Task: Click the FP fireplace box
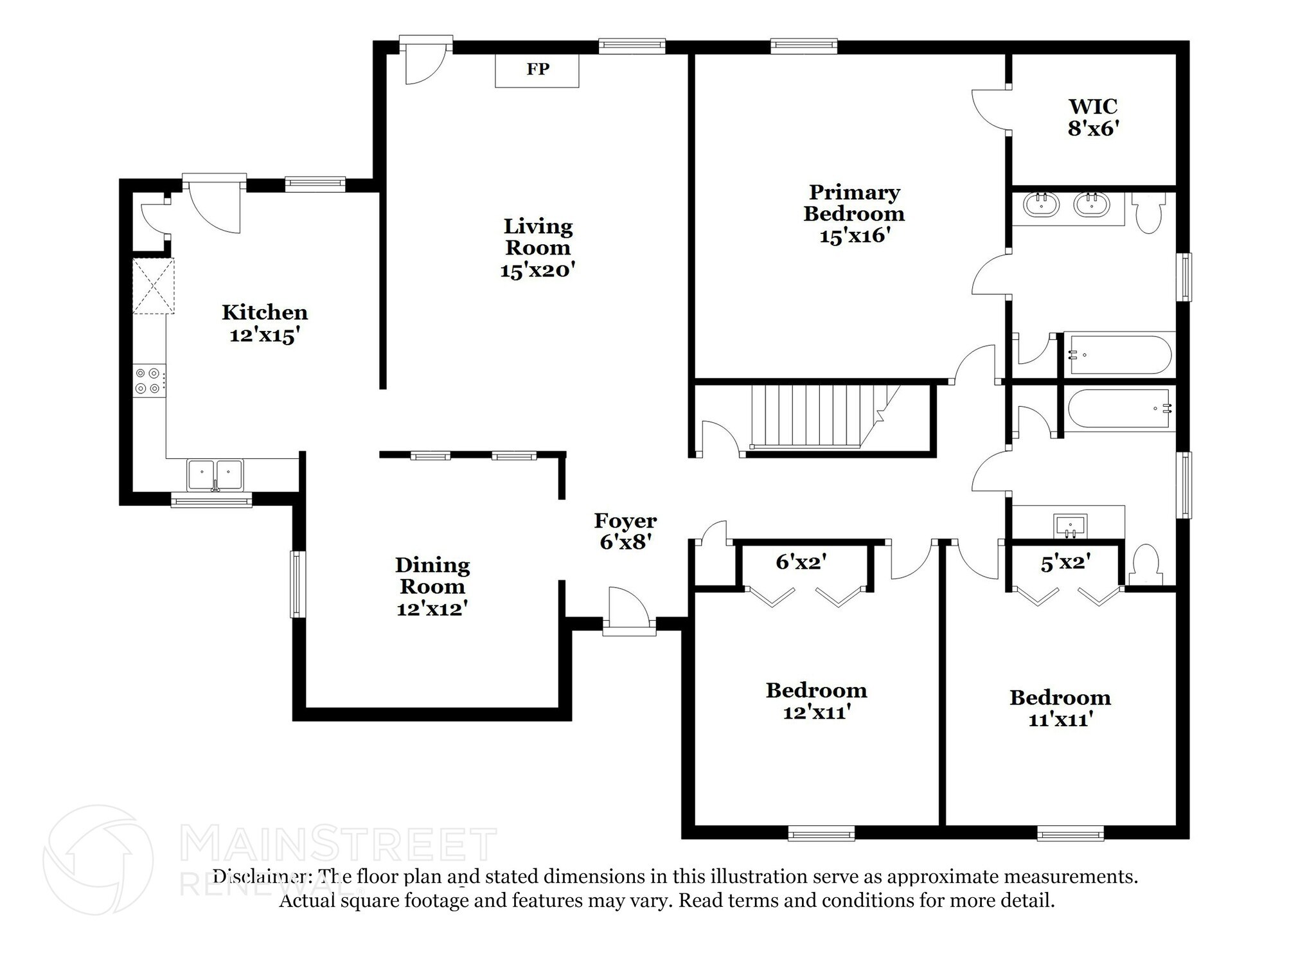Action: [537, 70]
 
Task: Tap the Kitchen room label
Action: [265, 313]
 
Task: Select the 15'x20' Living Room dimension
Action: [537, 271]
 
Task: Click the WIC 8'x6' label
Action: [1093, 117]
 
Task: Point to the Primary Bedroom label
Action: [854, 202]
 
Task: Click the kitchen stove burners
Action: [147, 380]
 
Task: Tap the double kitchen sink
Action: [215, 474]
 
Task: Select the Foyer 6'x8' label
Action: [625, 531]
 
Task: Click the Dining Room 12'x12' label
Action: [432, 586]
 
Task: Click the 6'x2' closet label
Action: [801, 562]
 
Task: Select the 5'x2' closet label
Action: [1065, 563]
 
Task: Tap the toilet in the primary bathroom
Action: [1148, 213]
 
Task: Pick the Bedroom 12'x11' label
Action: [816, 701]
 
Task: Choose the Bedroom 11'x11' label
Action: [1060, 708]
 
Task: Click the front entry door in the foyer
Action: [628, 611]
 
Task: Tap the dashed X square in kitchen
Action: [153, 286]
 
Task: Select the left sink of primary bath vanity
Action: [1042, 205]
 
